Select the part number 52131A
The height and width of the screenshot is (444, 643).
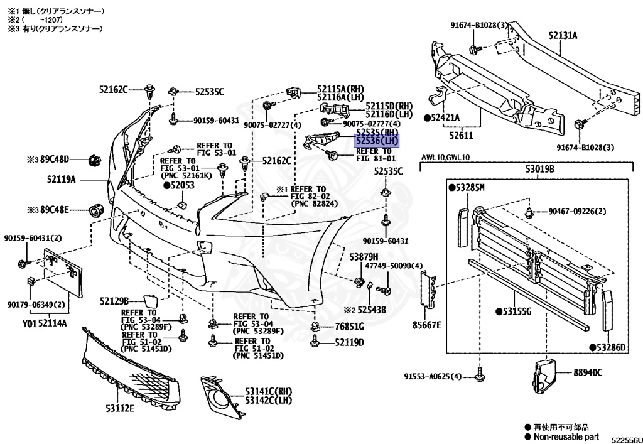(x=563, y=36)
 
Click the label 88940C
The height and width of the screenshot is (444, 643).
(x=587, y=372)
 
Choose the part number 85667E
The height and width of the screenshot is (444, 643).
(x=427, y=325)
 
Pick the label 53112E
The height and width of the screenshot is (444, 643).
(x=120, y=408)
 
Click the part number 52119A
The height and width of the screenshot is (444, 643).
(x=61, y=180)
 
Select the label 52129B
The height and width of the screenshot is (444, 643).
(x=114, y=301)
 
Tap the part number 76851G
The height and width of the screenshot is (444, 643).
(x=349, y=327)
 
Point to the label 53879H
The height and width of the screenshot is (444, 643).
(x=364, y=257)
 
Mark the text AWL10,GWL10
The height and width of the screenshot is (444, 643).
(x=446, y=158)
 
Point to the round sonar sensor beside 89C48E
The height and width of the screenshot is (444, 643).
(x=96, y=209)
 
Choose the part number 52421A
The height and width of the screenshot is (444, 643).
(x=446, y=117)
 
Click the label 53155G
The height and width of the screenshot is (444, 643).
(x=517, y=311)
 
